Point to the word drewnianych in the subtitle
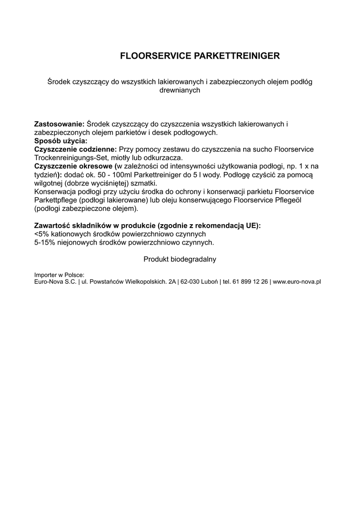tap(180, 90)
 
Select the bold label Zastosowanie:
tap(59, 123)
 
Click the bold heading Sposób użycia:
tap(61, 141)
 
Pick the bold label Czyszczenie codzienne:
tap(75, 149)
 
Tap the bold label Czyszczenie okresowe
tap(74, 166)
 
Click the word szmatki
tap(143, 183)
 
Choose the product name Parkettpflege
tap(55, 200)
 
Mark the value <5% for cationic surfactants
tap(41, 234)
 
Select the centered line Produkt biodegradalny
tap(180, 259)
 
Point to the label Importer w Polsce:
tap(59, 274)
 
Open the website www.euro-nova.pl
tap(297, 281)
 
